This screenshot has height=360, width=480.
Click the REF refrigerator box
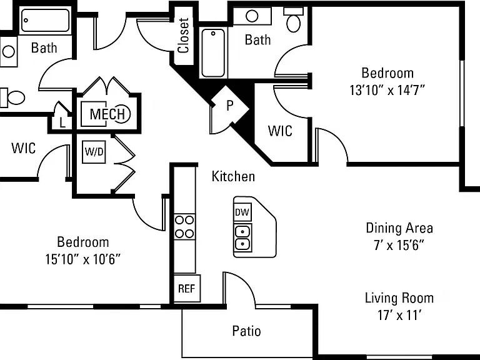tap(187, 288)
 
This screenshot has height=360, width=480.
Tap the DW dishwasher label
tap(242, 212)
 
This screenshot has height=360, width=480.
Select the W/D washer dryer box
tap(94, 151)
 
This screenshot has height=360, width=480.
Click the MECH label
tap(107, 114)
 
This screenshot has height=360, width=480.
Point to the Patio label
tap(246, 331)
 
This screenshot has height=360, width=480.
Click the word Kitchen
tap(233, 177)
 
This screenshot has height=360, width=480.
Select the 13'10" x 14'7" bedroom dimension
tap(388, 90)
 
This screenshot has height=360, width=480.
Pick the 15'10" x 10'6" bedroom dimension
tap(83, 259)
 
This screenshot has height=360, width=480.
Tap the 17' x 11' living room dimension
tap(399, 315)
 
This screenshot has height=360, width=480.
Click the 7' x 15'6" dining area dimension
tap(399, 245)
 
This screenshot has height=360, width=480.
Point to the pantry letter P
tap(229, 106)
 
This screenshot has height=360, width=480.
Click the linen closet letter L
tap(62, 123)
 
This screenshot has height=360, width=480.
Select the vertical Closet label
tap(184, 36)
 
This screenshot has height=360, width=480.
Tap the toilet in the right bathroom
tap(294, 20)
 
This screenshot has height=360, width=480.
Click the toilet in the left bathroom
tap(12, 97)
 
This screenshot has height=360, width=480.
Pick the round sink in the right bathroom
tap(252, 16)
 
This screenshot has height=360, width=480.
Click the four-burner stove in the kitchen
tap(184, 227)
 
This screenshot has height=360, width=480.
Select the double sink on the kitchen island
tap(242, 238)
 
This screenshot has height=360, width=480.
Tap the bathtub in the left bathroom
tap(45, 20)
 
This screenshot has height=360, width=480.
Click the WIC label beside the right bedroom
tap(280, 131)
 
